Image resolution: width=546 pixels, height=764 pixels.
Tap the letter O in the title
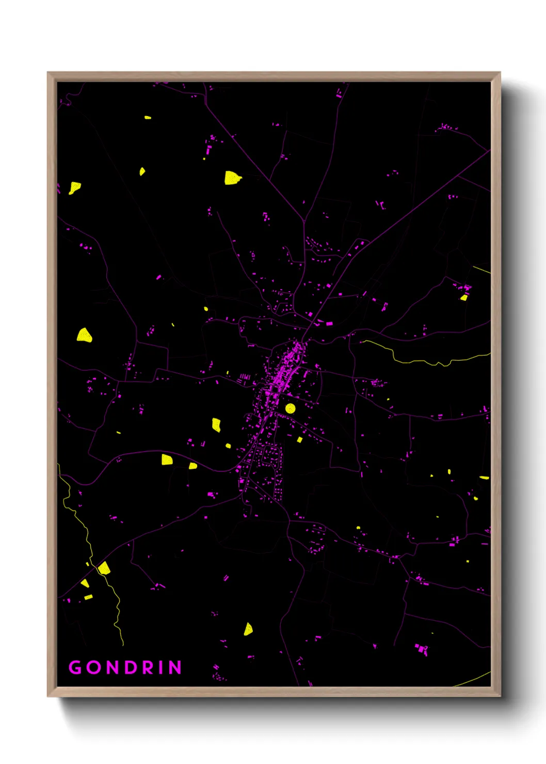(x=93, y=667)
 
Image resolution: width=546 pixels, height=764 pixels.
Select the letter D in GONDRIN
(x=129, y=667)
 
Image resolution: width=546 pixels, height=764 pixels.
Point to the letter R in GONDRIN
(x=147, y=667)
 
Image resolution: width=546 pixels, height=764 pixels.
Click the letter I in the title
(x=161, y=667)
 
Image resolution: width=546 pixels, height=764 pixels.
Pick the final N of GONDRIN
(x=175, y=667)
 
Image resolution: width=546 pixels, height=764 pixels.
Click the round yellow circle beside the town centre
(x=290, y=408)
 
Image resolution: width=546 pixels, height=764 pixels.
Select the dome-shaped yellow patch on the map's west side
(x=85, y=336)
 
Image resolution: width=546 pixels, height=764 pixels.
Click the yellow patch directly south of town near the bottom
(x=248, y=629)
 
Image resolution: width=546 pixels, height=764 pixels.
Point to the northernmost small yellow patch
(x=148, y=118)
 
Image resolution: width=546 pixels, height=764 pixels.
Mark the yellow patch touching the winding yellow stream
(x=104, y=568)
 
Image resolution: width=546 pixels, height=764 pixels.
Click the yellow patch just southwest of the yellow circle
(x=299, y=440)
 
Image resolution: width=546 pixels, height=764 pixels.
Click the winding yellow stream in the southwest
(x=88, y=542)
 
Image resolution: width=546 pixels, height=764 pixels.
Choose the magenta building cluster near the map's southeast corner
(x=422, y=649)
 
